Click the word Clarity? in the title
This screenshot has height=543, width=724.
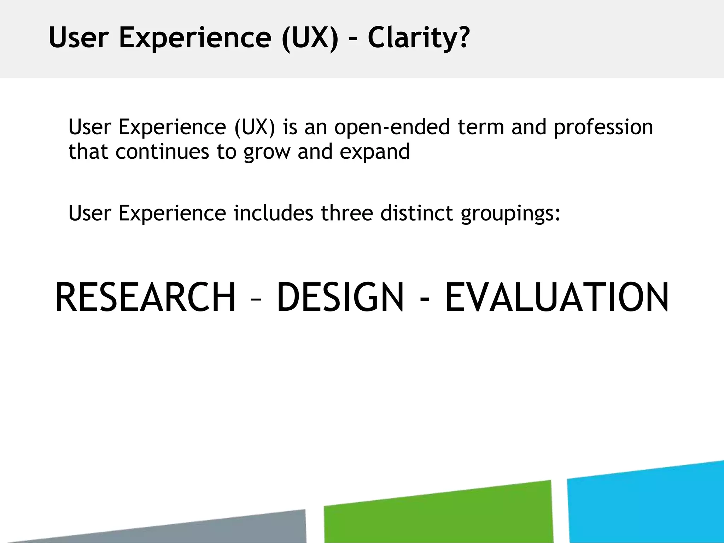coord(419,38)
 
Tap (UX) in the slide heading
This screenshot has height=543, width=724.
coord(310,38)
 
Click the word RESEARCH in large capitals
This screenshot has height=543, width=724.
coord(145,298)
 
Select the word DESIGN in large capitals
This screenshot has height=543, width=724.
coord(340,298)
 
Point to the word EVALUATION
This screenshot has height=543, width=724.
coord(557,298)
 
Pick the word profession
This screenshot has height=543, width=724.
coord(603,127)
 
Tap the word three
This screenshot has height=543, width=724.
coord(347,213)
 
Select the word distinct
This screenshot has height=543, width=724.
coord(416,213)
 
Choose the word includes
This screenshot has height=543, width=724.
coord(274,213)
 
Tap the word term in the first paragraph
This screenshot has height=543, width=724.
coord(480,127)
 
